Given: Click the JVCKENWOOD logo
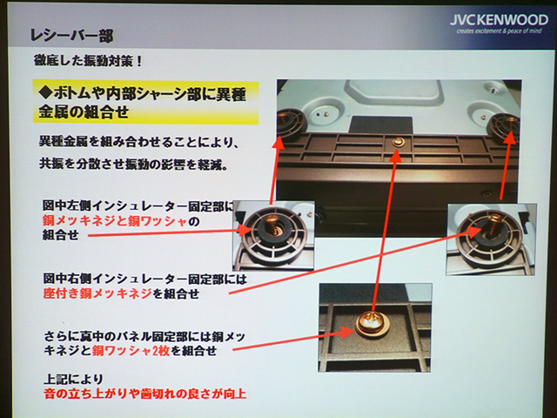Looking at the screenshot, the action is click(499, 19).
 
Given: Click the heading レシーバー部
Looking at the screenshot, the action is click(71, 36).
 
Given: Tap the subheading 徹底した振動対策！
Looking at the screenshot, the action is click(89, 61).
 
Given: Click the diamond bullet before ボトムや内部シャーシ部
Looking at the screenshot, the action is click(45, 94).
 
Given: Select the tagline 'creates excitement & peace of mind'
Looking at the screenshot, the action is click(499, 31).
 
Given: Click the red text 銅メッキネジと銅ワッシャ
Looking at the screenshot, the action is click(115, 221).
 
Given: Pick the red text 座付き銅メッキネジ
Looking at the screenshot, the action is click(97, 293).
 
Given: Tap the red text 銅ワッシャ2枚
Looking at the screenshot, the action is click(131, 351).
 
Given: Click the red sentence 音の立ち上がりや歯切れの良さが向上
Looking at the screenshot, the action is click(145, 394).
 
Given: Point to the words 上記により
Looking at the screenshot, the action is click(73, 379).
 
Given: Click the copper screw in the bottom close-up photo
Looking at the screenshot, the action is click(372, 322).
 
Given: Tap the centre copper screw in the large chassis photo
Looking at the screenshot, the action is click(398, 143).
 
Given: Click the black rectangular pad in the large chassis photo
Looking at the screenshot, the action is click(380, 125).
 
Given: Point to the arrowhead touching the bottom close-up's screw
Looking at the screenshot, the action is click(346, 332).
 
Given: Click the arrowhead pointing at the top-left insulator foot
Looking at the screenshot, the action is click(279, 143).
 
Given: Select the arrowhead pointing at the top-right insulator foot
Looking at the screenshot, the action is click(510, 138).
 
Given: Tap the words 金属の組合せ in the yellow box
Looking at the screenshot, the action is click(84, 112).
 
